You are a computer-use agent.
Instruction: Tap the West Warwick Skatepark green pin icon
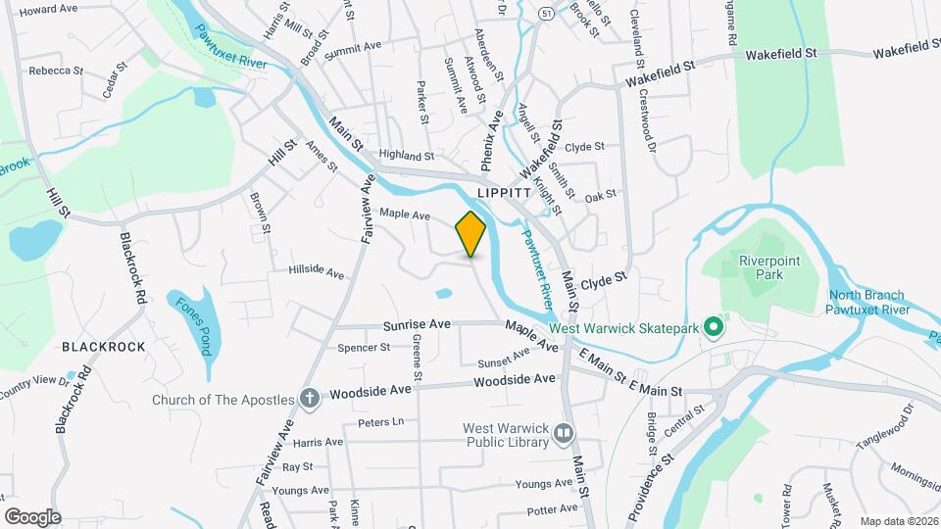(x=714, y=328)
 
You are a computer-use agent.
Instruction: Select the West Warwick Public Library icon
(x=564, y=432)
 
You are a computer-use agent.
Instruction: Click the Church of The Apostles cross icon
(x=310, y=399)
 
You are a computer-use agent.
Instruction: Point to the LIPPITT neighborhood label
(x=503, y=193)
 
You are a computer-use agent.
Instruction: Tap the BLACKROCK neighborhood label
(x=103, y=347)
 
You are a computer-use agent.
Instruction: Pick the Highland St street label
(x=406, y=156)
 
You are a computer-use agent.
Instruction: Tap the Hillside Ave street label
(x=317, y=271)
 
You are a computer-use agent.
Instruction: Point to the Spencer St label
(x=364, y=347)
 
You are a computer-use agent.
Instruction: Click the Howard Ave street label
(x=48, y=9)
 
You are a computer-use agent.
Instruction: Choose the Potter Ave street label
(x=552, y=509)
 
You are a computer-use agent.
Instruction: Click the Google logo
(x=32, y=517)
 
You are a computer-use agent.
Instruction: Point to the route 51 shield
(x=545, y=14)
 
